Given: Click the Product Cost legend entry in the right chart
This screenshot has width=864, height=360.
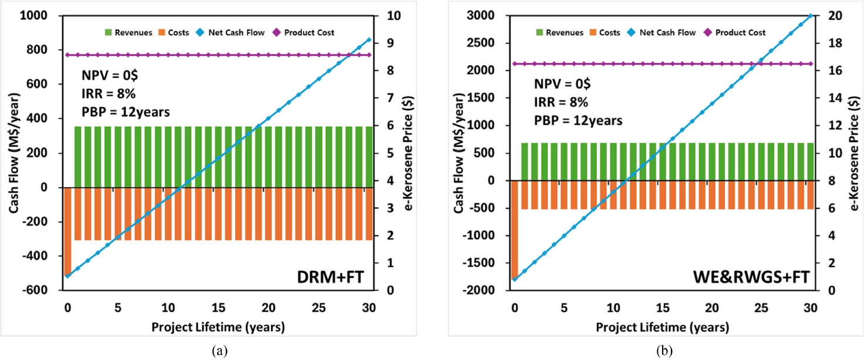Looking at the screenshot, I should coord(737,33).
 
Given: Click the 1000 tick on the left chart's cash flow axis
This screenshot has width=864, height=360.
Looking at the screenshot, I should coord(41,16).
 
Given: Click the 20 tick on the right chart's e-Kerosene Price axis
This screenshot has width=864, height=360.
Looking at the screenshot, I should coord(834,16).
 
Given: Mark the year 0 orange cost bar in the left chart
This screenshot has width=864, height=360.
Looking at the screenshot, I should coord(67,230).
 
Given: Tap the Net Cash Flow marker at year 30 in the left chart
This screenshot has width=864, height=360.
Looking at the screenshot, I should coord(369,39).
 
